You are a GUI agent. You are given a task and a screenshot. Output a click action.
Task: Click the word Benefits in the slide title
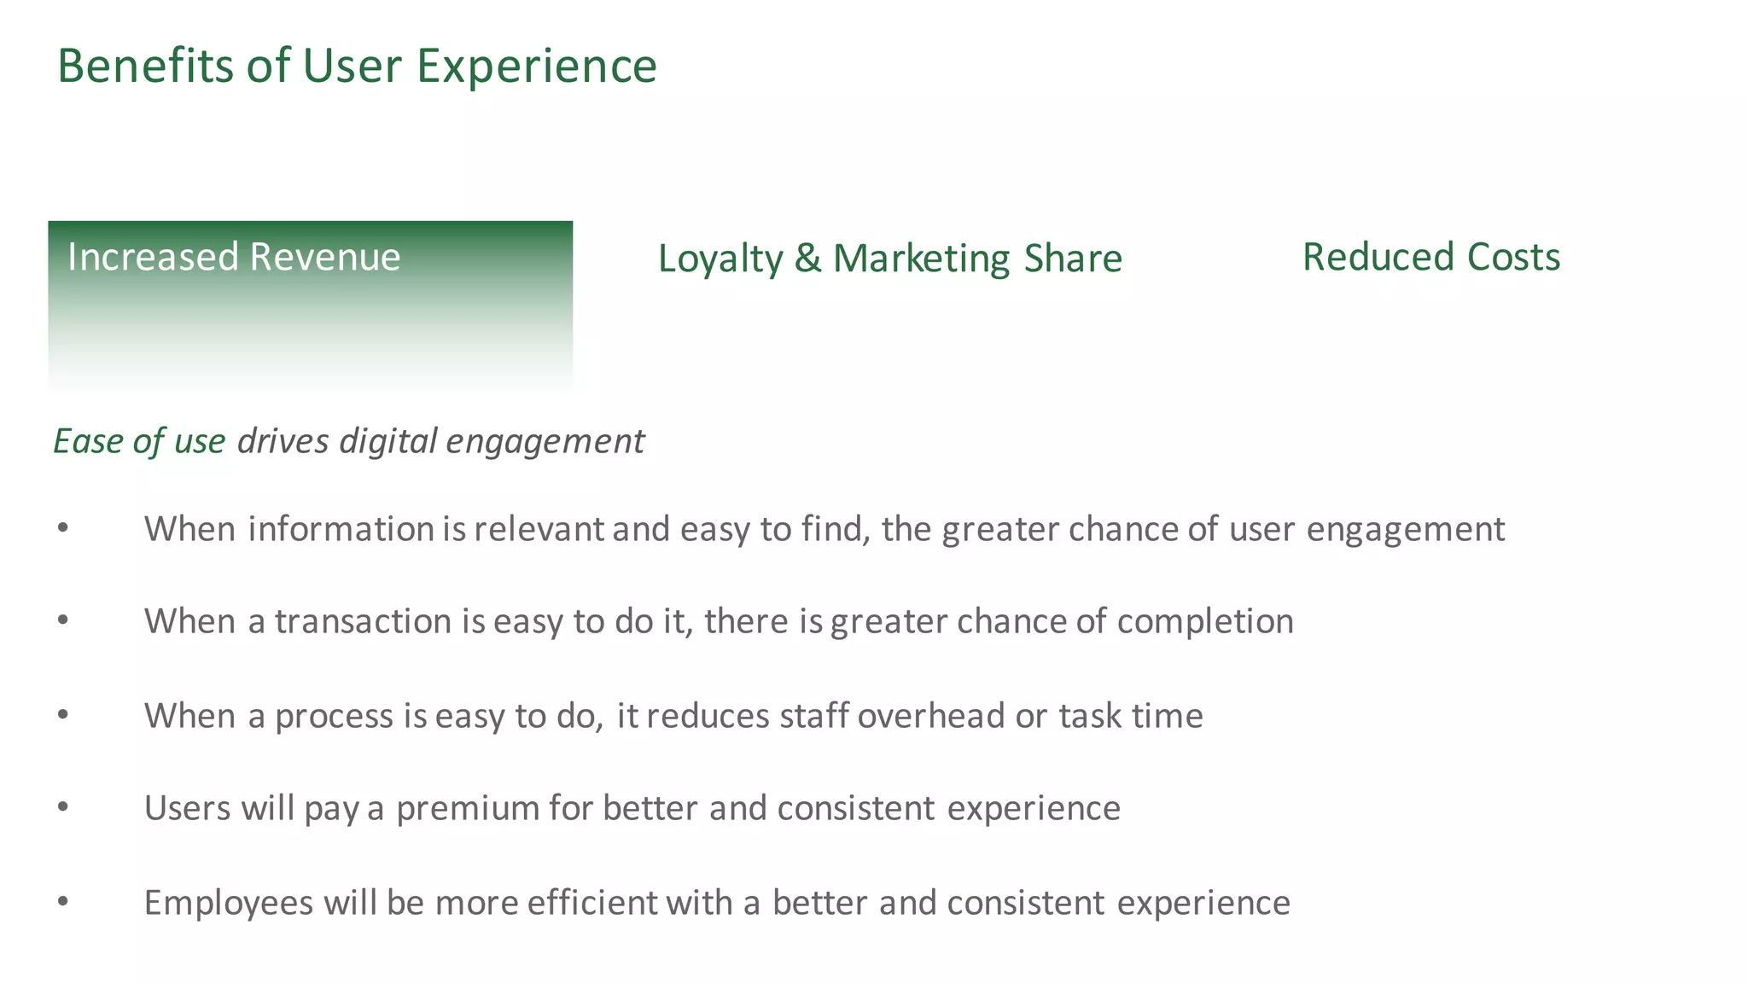(x=144, y=66)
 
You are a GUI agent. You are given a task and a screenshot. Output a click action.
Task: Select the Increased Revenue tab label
(x=233, y=257)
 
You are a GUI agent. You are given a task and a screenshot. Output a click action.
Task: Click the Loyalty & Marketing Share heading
(x=889, y=258)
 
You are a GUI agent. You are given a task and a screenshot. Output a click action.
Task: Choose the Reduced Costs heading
(x=1430, y=257)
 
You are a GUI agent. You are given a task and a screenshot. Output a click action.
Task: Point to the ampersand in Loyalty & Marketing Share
(x=807, y=258)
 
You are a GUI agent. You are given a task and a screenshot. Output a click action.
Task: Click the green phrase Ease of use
(x=139, y=441)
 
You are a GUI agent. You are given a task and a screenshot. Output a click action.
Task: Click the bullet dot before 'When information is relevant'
(x=63, y=529)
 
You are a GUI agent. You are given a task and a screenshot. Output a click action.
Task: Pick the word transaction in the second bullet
(x=363, y=621)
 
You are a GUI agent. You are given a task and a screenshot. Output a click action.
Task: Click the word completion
(x=1204, y=621)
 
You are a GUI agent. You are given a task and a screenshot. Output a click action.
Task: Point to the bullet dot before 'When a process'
(x=63, y=715)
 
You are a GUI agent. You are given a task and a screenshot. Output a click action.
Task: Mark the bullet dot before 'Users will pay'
(x=63, y=807)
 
